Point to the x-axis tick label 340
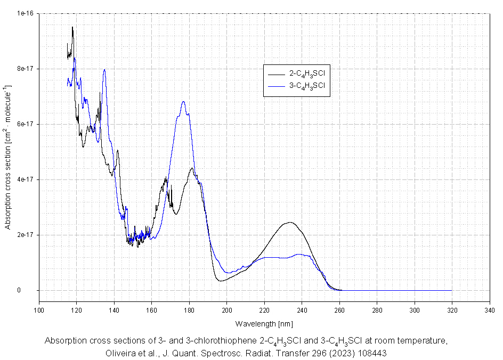(489, 310)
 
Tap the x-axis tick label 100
(39, 310)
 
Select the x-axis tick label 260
(339, 310)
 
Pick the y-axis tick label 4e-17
(25, 179)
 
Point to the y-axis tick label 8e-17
(25, 69)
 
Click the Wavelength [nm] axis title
(264, 323)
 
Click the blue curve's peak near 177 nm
(183, 101)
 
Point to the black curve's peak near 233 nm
(289, 222)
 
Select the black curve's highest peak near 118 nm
(72, 27)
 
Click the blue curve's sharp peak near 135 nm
(104, 69)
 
